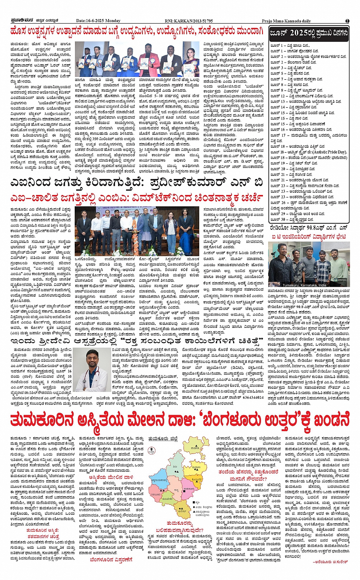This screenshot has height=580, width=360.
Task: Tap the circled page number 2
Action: click(347, 21)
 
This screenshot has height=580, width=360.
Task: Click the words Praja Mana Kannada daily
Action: click(286, 21)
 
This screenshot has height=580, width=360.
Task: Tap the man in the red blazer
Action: click(144, 59)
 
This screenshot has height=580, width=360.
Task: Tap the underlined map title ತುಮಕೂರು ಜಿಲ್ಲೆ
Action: click(163, 438)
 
